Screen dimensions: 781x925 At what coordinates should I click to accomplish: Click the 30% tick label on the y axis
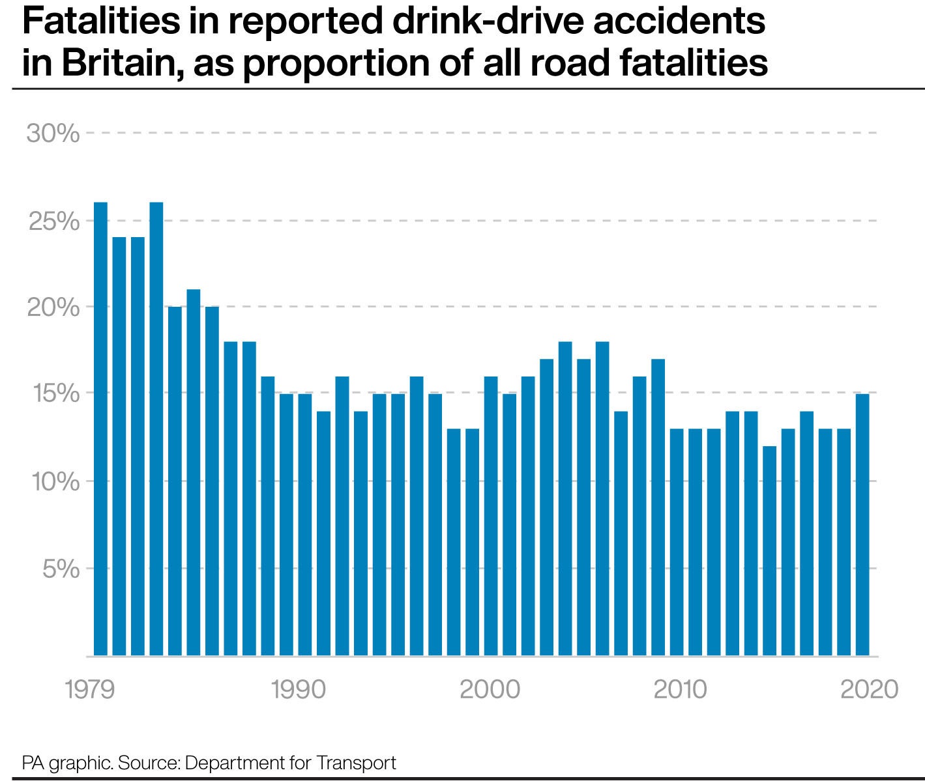click(53, 134)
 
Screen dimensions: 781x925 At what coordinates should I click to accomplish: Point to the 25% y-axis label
click(53, 221)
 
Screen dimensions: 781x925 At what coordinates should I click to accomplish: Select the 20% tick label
click(53, 307)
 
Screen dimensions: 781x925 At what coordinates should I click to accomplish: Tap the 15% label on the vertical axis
click(53, 394)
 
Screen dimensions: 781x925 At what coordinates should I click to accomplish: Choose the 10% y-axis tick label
click(53, 482)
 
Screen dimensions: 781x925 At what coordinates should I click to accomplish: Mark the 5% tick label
click(61, 569)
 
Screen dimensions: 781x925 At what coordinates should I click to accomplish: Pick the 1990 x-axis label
click(298, 689)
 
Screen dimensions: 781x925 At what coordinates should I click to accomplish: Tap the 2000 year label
click(490, 689)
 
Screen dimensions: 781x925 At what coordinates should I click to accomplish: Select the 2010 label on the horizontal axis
click(680, 689)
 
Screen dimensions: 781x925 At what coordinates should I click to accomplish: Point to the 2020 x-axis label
click(869, 689)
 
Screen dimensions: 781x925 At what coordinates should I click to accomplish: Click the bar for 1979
click(100, 430)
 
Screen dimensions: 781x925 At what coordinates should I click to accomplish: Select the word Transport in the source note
click(357, 762)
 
